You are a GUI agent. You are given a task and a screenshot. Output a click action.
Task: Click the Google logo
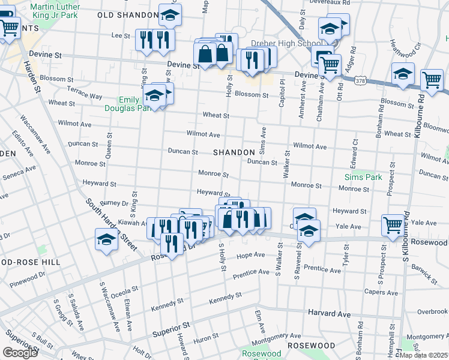pyautogui.click(x=20, y=352)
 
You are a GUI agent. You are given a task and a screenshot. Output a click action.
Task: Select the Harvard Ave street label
pyautogui.click(x=329, y=313)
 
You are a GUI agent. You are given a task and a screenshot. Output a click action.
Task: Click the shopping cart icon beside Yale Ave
pyautogui.click(x=393, y=225)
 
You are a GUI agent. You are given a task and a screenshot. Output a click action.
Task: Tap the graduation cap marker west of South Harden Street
pyautogui.click(x=106, y=239)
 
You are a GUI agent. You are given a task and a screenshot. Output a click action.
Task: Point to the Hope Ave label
pyautogui.click(x=251, y=255)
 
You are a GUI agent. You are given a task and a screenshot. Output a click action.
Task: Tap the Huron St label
pyautogui.click(x=206, y=340)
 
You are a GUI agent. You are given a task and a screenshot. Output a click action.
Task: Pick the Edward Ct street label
pyautogui.click(x=352, y=155)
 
